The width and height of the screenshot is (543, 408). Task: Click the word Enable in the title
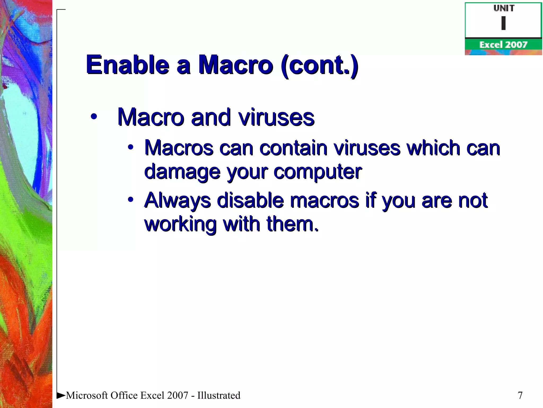coord(128,65)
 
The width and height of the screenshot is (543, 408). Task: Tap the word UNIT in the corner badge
coord(504,8)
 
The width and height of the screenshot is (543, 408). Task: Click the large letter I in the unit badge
coord(503,23)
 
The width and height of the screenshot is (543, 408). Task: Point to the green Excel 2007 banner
coord(503,45)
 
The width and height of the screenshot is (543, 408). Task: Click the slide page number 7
coord(520,396)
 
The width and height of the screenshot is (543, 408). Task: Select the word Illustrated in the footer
coord(219,396)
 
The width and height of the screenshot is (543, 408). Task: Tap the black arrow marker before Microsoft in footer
coord(61,395)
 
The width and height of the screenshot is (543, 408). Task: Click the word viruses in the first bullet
coord(276,117)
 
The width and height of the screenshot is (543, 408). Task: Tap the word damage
coord(182,172)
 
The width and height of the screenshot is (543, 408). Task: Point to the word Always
coord(178,201)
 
